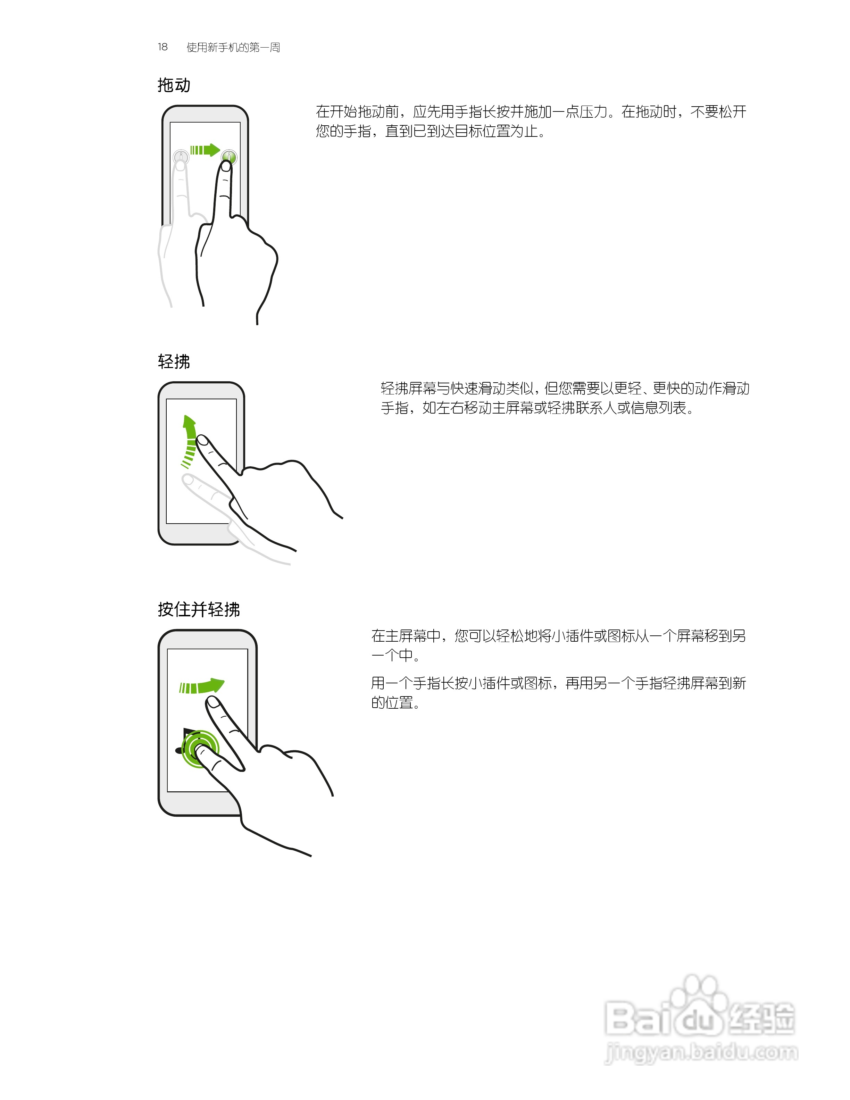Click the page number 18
[162, 47]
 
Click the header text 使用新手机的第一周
[233, 47]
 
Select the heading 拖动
[174, 85]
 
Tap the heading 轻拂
[174, 361]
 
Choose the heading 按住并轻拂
[199, 609]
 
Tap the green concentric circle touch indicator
[200, 749]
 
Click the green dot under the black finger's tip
[228, 158]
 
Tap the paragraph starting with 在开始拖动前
[531, 122]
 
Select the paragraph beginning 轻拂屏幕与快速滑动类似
[565, 398]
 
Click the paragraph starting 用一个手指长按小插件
[558, 693]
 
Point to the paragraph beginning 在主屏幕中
[558, 645]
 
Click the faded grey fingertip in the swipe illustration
[188, 480]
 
